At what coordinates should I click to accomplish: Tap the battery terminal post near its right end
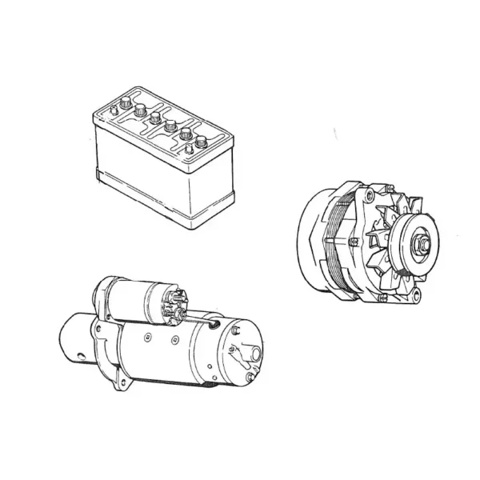point(189,148)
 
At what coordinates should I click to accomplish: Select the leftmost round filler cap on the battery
point(141,110)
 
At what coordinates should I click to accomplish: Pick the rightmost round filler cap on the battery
point(200,142)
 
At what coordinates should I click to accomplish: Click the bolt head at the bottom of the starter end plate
point(250,376)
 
